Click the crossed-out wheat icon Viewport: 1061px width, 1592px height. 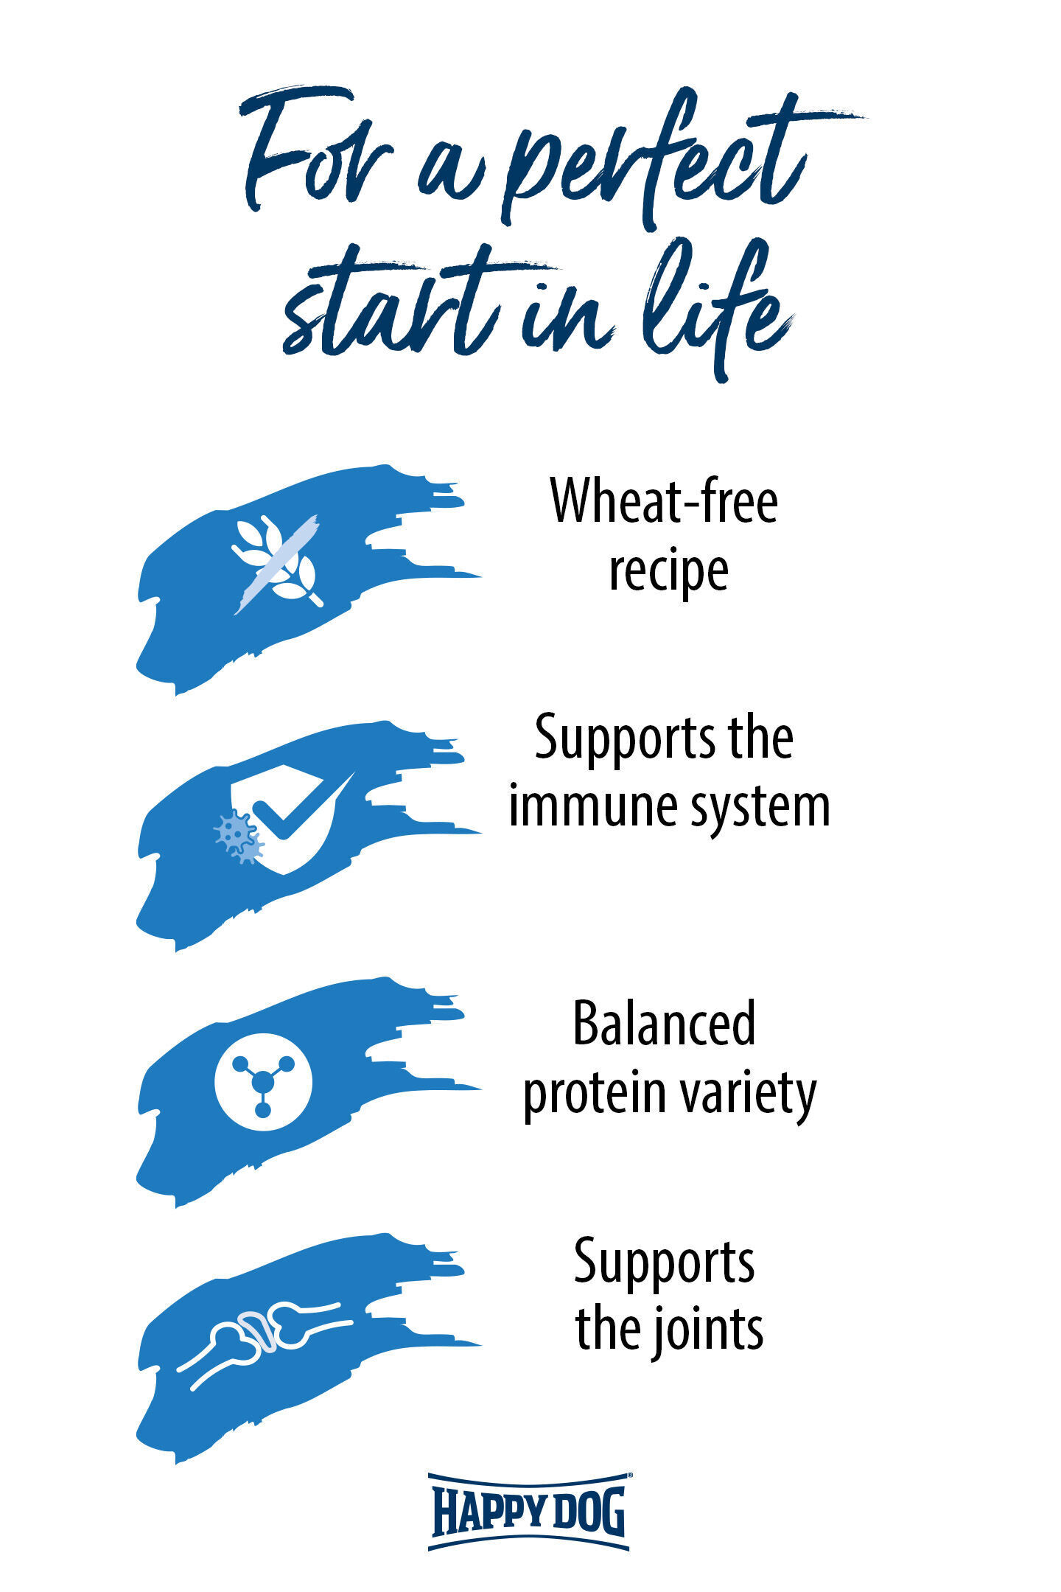click(276, 564)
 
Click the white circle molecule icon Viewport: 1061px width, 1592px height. click(263, 1082)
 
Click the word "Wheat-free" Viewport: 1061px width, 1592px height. click(664, 500)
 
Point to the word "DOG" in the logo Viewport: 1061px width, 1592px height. click(588, 1511)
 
